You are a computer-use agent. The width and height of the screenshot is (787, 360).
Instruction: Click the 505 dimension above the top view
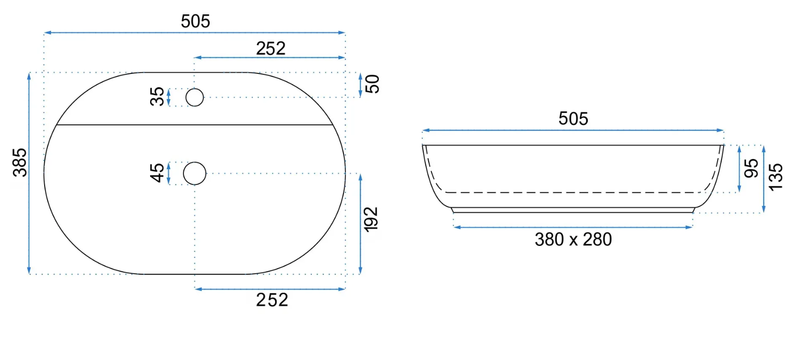pyautogui.click(x=195, y=21)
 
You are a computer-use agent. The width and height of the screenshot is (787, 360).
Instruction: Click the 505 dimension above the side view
pyautogui.click(x=573, y=119)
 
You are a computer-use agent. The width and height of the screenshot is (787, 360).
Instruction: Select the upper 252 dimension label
pyautogui.click(x=271, y=49)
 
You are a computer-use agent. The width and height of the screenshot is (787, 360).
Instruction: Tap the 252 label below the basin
pyautogui.click(x=272, y=300)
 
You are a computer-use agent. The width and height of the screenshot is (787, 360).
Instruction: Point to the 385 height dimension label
pyautogui.click(x=20, y=163)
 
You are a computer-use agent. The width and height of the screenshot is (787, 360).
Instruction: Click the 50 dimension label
pyautogui.click(x=372, y=84)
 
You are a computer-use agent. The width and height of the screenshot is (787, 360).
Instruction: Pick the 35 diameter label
pyautogui.click(x=157, y=96)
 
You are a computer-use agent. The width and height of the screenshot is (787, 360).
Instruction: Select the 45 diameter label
pyautogui.click(x=157, y=173)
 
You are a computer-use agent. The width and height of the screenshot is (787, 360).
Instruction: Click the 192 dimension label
pyautogui.click(x=371, y=219)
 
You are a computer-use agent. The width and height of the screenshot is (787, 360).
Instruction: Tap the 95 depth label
pyautogui.click(x=751, y=169)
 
